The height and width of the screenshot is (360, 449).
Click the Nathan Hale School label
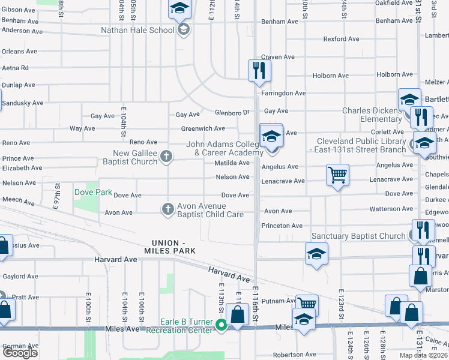pyautogui.click(x=137, y=29)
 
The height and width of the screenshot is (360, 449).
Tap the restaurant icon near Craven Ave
pyautogui.click(x=259, y=70)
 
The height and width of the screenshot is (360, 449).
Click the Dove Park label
pyautogui.click(x=93, y=193)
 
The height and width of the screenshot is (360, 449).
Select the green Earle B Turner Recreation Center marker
pyautogui.click(x=221, y=325)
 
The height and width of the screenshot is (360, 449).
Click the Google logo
pyautogui.click(x=20, y=353)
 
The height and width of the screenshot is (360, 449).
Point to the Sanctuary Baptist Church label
pyautogui.click(x=358, y=236)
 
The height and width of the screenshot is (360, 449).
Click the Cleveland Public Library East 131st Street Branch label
pyautogui.click(x=361, y=146)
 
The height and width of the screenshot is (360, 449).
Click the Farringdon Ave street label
pyautogui.click(x=283, y=93)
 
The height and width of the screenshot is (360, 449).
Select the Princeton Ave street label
pyautogui.click(x=282, y=226)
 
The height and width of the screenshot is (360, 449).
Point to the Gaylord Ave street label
pyautogui.click(x=20, y=277)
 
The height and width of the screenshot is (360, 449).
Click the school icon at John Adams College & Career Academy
pyautogui.click(x=271, y=137)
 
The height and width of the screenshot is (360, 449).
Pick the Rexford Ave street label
pyautogui.click(x=342, y=39)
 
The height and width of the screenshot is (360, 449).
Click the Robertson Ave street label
pyautogui.click(x=295, y=355)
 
